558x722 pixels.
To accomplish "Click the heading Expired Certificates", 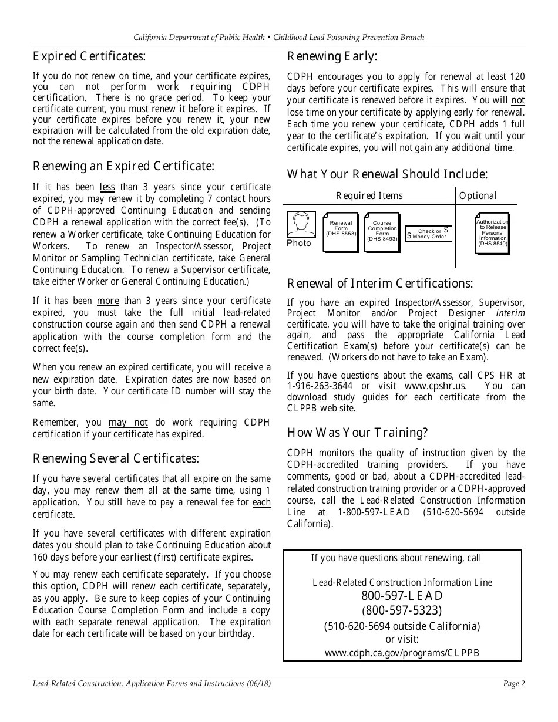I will [89, 56].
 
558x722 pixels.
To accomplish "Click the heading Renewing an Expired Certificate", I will [123, 166].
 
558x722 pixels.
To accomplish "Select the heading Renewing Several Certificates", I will [116, 458].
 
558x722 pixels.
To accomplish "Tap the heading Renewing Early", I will [332, 56].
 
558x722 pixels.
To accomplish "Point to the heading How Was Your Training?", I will [357, 433].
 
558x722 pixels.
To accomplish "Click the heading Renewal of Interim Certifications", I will [379, 284].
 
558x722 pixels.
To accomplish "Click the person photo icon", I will [301, 225].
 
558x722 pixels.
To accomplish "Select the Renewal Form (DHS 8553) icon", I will [340, 232].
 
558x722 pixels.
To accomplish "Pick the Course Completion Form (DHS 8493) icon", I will [382, 232].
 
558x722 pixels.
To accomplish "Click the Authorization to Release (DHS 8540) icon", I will [492, 233].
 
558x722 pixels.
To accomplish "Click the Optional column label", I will [478, 196].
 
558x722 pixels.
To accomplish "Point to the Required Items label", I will [369, 196].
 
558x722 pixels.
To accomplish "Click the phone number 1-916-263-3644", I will [320, 386].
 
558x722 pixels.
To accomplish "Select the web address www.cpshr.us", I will [435, 386].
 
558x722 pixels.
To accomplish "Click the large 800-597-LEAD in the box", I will [402, 596].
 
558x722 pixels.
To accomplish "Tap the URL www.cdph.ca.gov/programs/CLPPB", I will [402, 653].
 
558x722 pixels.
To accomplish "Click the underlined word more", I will [107, 301].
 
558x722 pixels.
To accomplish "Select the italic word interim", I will [510, 313].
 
